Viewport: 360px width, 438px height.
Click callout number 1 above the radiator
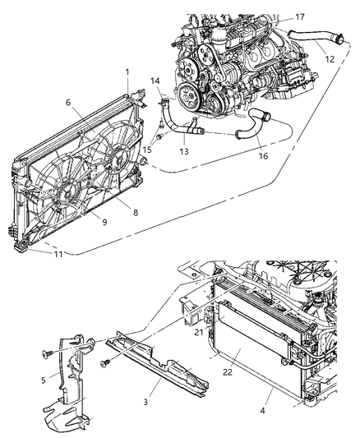(x=127, y=73)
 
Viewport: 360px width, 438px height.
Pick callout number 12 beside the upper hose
(x=328, y=60)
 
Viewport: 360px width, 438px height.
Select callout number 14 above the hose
(x=155, y=81)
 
